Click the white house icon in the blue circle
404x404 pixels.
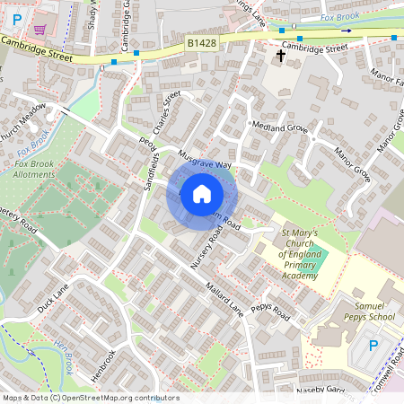tap(202, 193)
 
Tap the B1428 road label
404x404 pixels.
tap(201, 43)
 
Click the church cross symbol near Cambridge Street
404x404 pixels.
tap(280, 57)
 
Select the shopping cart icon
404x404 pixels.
tap(40, 29)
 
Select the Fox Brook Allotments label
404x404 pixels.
tap(33, 168)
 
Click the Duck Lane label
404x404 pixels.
tap(53, 297)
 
